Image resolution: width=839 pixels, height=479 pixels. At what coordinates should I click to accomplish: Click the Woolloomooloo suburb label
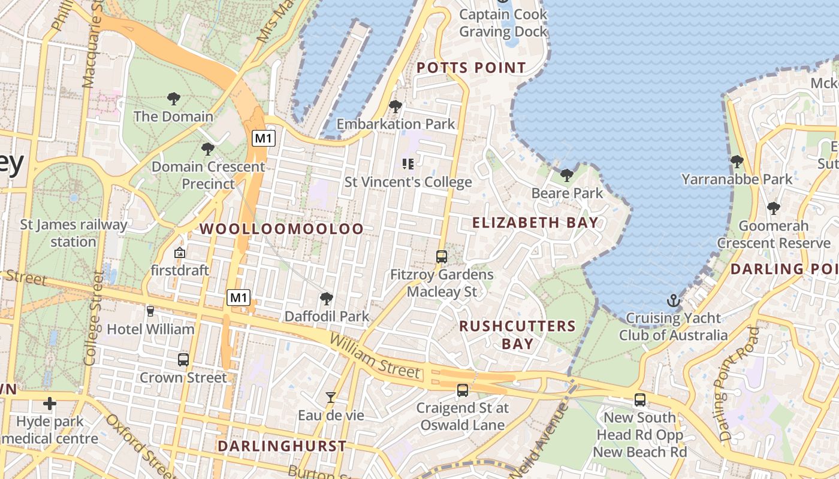(x=282, y=229)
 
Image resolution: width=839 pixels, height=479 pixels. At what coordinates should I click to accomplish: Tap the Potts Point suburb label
(x=471, y=68)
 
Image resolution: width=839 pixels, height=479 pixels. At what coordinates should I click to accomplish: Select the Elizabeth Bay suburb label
(x=535, y=223)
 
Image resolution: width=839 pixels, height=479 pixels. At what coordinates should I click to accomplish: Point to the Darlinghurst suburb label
(x=282, y=446)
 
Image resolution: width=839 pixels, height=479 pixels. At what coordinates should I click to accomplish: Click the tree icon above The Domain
(x=174, y=98)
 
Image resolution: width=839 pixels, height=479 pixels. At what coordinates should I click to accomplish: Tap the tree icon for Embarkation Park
(x=396, y=107)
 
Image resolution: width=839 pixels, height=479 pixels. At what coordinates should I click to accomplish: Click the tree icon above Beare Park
(x=566, y=175)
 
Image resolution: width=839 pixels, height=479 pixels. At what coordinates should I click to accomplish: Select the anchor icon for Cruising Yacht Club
(x=674, y=301)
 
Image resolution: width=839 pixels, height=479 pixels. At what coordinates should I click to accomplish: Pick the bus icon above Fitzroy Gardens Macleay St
(x=442, y=257)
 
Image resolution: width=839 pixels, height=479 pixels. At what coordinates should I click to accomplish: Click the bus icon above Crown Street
(x=183, y=360)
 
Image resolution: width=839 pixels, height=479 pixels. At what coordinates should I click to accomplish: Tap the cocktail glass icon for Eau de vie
(x=330, y=397)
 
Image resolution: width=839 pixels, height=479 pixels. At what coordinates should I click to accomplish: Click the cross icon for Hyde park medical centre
(x=50, y=404)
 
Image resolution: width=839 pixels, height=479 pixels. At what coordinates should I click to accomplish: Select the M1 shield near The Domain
(x=264, y=138)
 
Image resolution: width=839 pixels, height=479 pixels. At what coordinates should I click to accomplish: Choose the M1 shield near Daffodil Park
(x=239, y=297)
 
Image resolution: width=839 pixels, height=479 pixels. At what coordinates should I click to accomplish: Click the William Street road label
(x=375, y=357)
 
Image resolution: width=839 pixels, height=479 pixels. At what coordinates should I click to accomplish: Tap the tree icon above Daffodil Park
(x=327, y=298)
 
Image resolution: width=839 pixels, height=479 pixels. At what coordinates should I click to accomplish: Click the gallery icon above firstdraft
(x=179, y=253)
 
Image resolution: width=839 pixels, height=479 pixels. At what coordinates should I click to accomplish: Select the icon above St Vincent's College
(x=409, y=163)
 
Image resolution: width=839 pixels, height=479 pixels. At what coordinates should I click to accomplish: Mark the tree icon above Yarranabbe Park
(x=737, y=162)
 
